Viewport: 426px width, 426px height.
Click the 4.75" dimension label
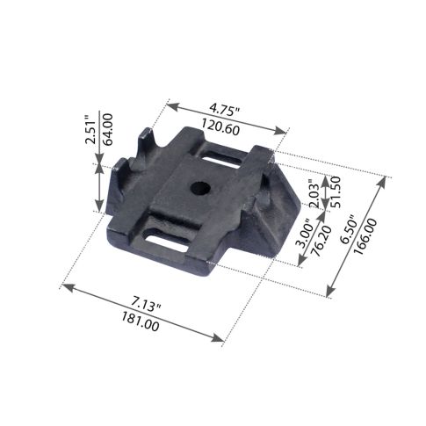(225, 111)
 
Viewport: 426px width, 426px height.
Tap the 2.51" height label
(90, 130)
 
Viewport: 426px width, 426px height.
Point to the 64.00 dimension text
(107, 129)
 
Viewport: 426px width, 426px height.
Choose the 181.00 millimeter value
(141, 321)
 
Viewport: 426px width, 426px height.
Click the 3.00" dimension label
(303, 234)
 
